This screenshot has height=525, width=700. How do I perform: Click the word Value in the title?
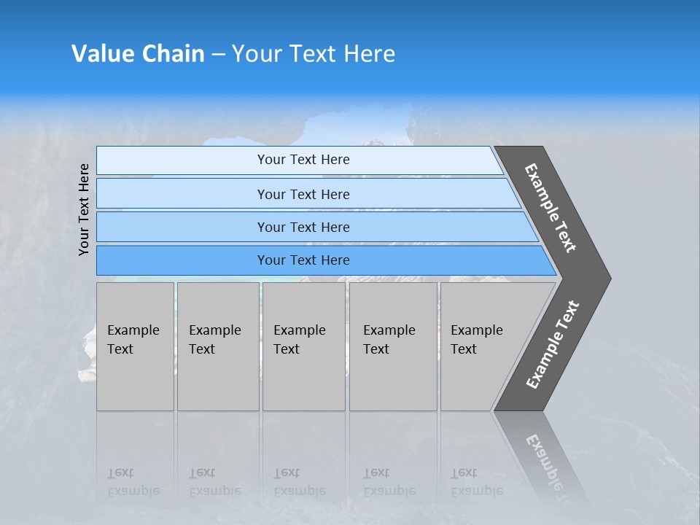coord(101,54)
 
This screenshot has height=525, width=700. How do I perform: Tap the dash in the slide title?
coord(218,55)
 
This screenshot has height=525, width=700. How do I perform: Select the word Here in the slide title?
coord(368,54)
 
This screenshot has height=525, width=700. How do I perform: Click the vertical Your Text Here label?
coord(84,209)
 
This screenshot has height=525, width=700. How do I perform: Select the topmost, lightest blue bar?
coord(303,160)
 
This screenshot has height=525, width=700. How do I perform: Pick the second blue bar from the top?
coord(303,194)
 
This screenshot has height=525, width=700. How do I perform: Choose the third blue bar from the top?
coord(303,227)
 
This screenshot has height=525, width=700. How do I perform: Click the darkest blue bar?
coord(303,260)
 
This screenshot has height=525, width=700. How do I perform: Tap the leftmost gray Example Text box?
coord(135,346)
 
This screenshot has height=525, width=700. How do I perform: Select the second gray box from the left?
coord(218,346)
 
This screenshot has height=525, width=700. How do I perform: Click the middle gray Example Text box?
coord(303,346)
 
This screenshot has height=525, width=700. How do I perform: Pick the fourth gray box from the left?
coord(393,346)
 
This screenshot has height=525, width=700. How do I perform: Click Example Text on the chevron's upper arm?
coord(551,208)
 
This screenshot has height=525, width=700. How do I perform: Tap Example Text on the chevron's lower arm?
coord(552,345)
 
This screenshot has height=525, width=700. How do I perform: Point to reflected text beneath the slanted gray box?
coord(477,482)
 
